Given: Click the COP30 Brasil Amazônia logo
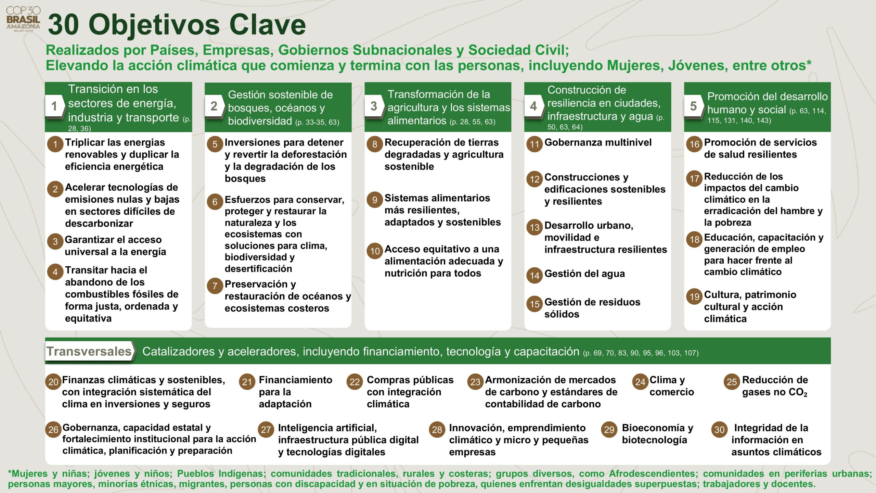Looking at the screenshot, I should (23, 19).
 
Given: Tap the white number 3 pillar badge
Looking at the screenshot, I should (374, 106).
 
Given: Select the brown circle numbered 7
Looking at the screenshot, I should (215, 286).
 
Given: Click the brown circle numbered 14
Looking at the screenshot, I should (534, 276).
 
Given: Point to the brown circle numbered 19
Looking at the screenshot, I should (694, 296).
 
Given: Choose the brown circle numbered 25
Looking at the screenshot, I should (732, 382).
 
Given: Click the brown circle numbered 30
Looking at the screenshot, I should (719, 430).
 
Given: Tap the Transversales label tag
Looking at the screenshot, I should (89, 351).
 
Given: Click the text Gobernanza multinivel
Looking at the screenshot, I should (598, 142).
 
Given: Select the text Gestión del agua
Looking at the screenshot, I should (584, 274).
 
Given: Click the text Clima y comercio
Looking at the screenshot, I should (671, 386).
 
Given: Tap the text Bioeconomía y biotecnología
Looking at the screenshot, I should (657, 434).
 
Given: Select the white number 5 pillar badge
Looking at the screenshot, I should (693, 106).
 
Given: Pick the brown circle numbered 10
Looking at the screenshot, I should (375, 251).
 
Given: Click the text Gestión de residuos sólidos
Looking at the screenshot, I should (592, 308).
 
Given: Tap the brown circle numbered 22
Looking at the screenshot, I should (355, 382).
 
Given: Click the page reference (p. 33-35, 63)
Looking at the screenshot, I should (317, 122).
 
